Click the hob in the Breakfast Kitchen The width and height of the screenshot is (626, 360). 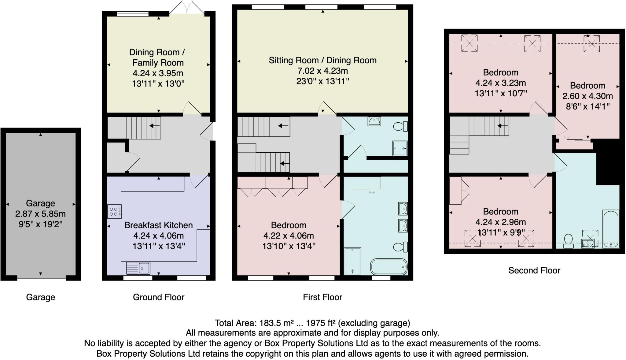coord(114,211)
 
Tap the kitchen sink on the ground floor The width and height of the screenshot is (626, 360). coord(138,268)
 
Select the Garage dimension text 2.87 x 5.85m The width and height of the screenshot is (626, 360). coord(40,214)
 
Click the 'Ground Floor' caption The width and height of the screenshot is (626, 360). coord(158,297)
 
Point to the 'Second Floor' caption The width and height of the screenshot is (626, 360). coord(534,270)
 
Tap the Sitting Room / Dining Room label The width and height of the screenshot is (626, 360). coord(322,60)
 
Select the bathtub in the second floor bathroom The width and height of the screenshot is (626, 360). coord(611,229)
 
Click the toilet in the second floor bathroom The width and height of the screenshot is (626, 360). coord(568,240)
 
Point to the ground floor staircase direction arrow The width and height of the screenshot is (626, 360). coord(155,126)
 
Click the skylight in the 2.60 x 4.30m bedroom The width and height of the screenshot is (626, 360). coord(591,44)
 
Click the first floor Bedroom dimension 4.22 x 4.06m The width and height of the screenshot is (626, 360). coord(289,236)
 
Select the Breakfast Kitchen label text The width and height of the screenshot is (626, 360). coord(158,225)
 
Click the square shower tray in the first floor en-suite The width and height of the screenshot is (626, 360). coord(400,148)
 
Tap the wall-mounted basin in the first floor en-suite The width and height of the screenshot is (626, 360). coord(374,121)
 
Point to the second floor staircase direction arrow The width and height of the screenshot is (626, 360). coord(503,126)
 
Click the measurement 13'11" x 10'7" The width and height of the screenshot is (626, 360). coord(501,93)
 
